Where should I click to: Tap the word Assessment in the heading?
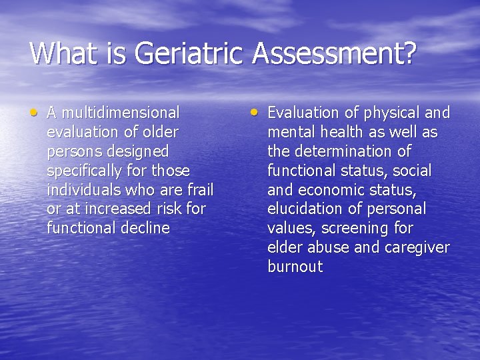pyautogui.click(x=333, y=53)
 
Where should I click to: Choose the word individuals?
pyautogui.click(x=82, y=189)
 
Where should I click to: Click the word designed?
pyautogui.click(x=141, y=151)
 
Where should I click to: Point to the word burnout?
pyautogui.click(x=295, y=267)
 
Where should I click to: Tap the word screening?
pyautogui.click(x=346, y=228)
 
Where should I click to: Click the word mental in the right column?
pyautogui.click(x=288, y=132)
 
